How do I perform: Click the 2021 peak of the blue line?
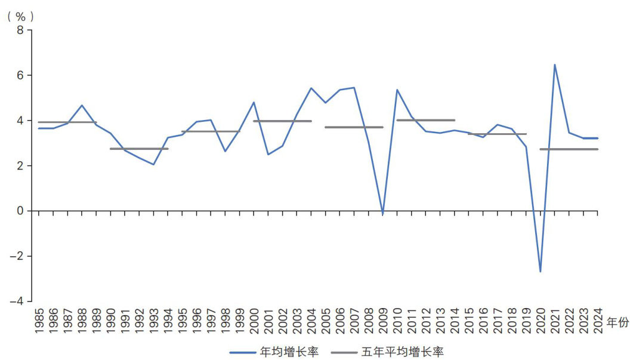[555, 64]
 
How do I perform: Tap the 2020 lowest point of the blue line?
[541, 272]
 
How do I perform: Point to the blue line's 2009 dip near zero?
[382, 214]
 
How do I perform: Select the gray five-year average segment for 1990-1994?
[139, 149]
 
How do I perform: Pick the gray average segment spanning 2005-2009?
[354, 127]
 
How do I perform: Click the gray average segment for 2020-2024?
[569, 149]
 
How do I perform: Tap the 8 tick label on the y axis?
[19, 30]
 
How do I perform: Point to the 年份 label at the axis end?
[618, 322]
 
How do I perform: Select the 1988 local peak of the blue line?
[82, 105]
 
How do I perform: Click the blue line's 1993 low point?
[153, 164]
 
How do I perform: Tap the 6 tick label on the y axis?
[19, 75]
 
